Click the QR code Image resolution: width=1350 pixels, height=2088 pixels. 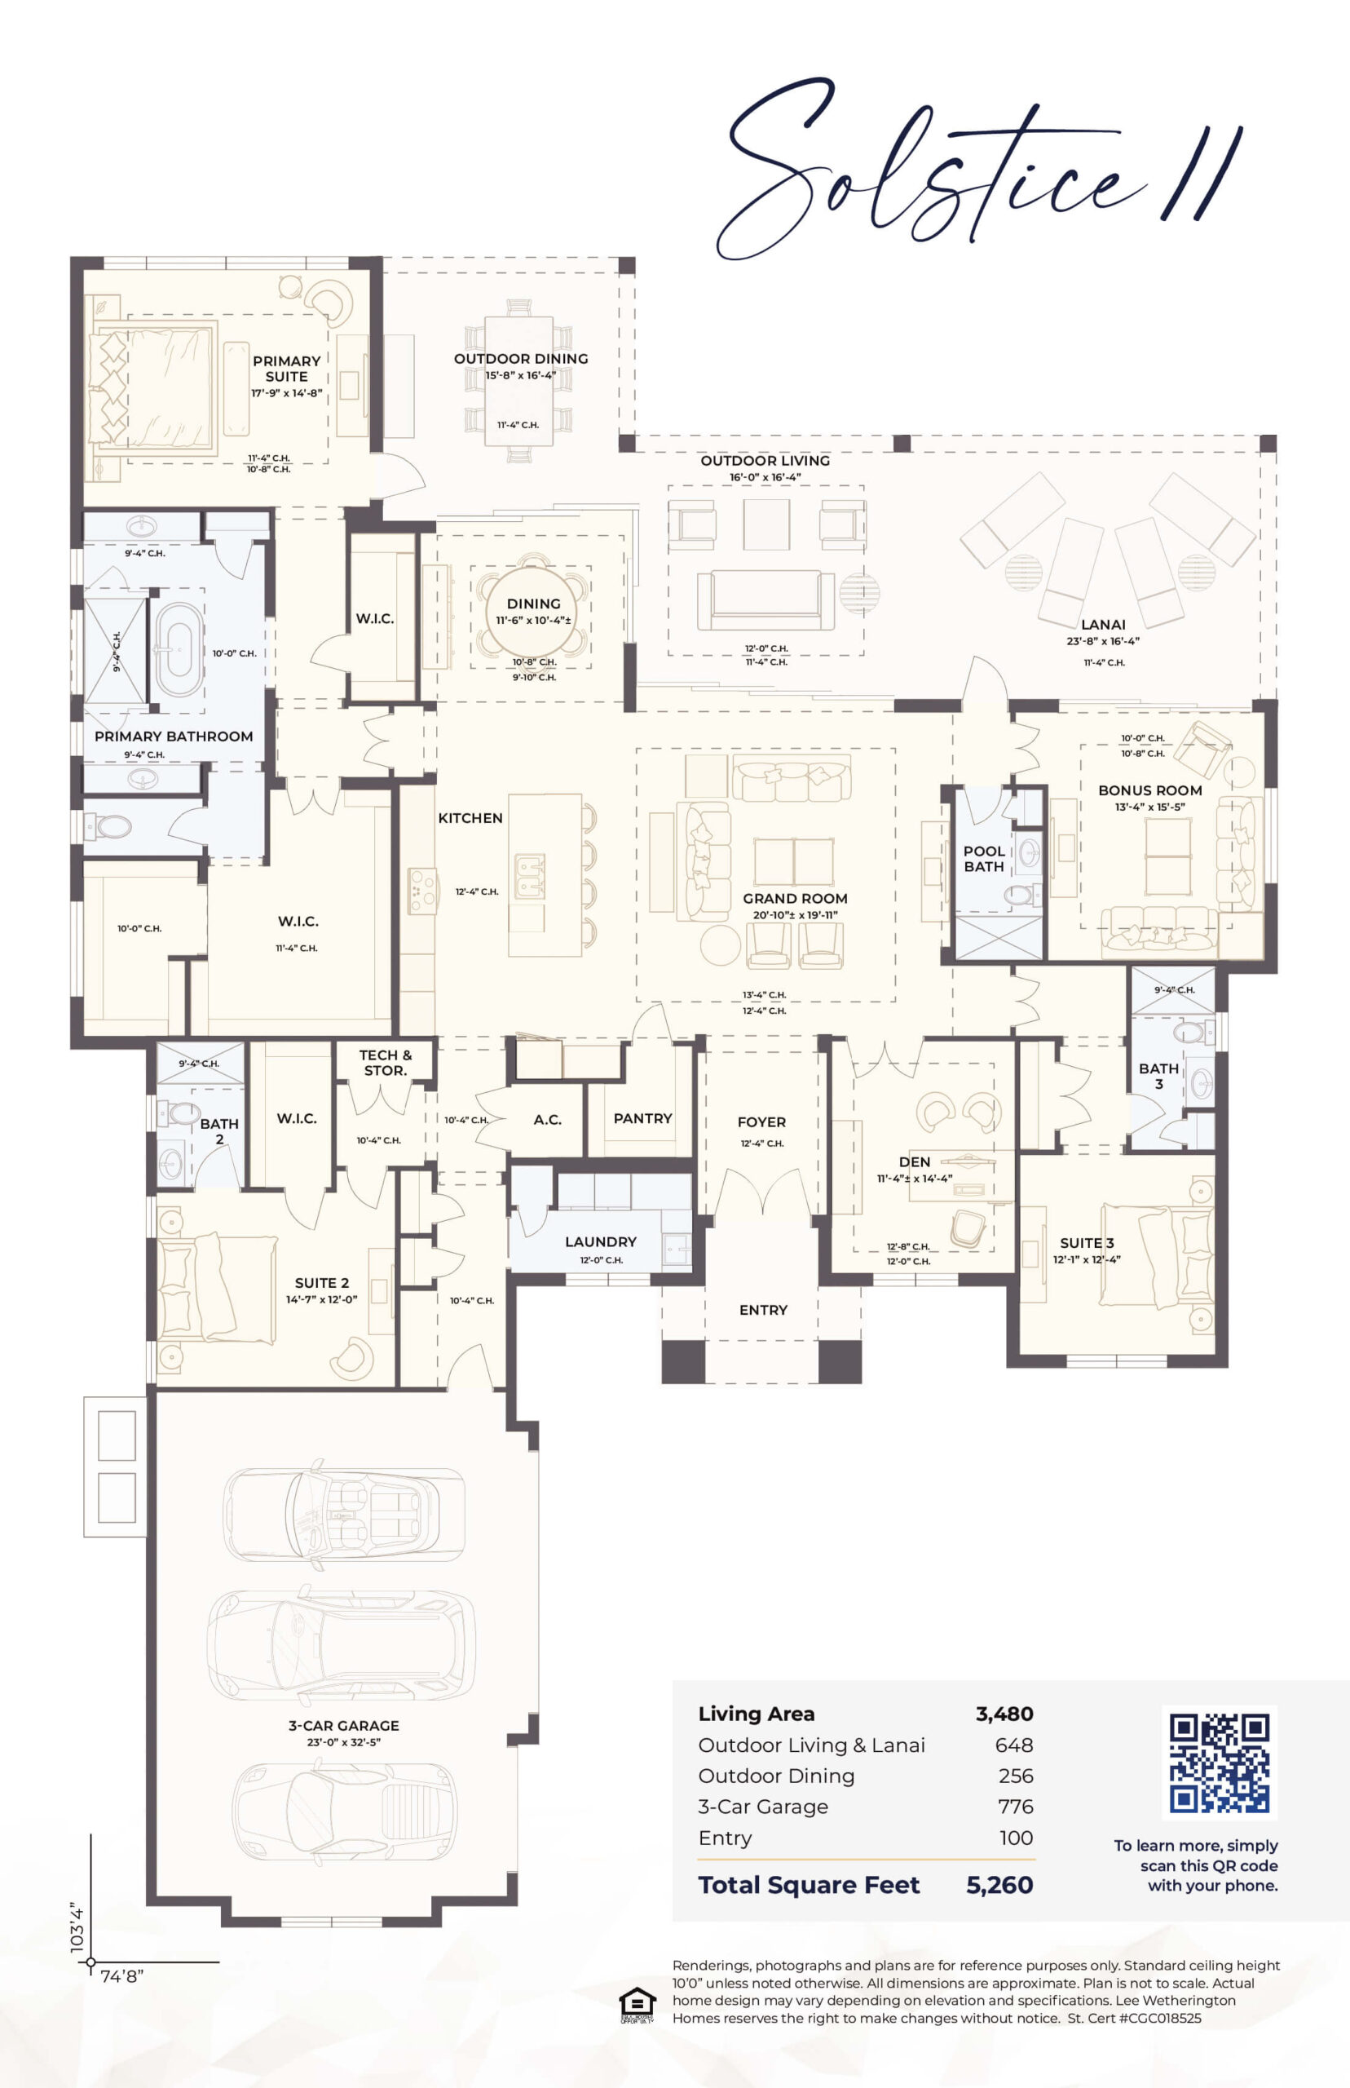pyautogui.click(x=1219, y=1763)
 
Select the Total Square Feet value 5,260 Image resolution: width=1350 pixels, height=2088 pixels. pyautogui.click(x=999, y=1886)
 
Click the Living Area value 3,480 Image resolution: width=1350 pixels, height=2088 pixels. pyautogui.click(x=1004, y=1714)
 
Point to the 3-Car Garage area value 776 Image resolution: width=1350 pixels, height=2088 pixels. pyautogui.click(x=1016, y=1807)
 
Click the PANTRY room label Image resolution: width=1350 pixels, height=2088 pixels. pyautogui.click(x=642, y=1118)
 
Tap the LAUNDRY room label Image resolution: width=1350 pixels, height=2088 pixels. pyautogui.click(x=601, y=1241)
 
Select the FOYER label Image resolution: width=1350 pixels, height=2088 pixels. pyautogui.click(x=761, y=1121)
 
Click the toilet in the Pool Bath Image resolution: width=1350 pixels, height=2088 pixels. pyautogui.click(x=1020, y=896)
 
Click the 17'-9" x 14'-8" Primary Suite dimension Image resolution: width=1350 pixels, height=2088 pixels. pyautogui.click(x=287, y=393)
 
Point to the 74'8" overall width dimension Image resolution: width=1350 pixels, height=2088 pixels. pyautogui.click(x=121, y=1976)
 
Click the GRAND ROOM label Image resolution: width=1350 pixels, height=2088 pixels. pyautogui.click(x=795, y=898)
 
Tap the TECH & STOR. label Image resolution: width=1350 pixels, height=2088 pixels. pyautogui.click(x=386, y=1063)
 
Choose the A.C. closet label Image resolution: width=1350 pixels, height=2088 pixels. pyautogui.click(x=547, y=1120)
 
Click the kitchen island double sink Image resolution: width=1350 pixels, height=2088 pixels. pyautogui.click(x=529, y=877)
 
